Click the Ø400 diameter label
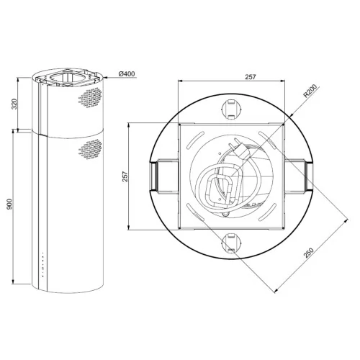[x=127, y=74]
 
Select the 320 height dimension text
[x=14, y=104]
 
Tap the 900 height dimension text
[x=9, y=204]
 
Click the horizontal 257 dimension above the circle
[x=251, y=77]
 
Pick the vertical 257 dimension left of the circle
[x=125, y=176]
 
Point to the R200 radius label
[x=310, y=91]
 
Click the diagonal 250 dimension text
[x=309, y=253]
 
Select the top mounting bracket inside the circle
[x=230, y=109]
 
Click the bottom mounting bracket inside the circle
[x=230, y=243]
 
